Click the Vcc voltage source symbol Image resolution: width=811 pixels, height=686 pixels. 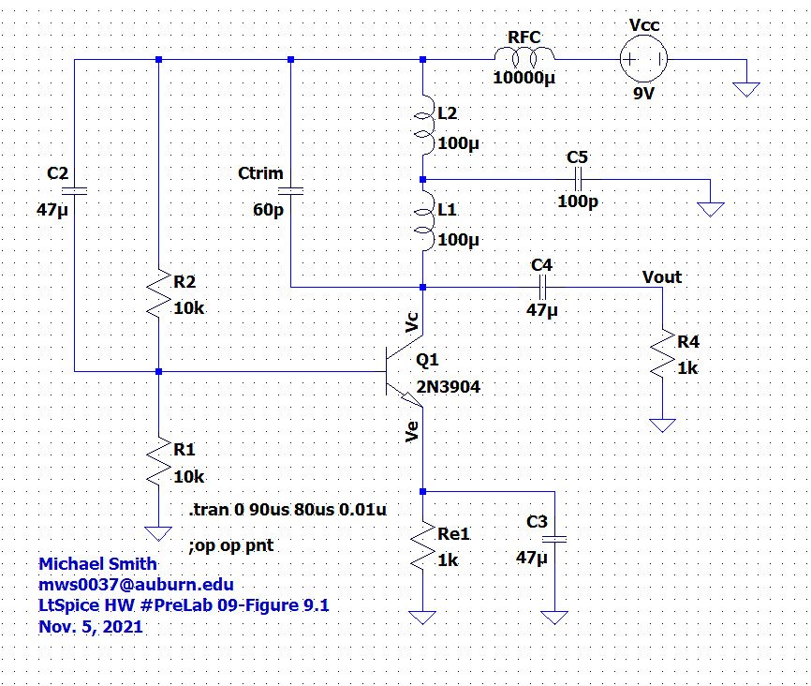(643, 59)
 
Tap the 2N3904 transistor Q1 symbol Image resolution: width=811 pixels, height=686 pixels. (405, 371)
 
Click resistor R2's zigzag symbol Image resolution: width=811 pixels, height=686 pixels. (159, 292)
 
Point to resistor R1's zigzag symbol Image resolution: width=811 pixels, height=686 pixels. (159, 461)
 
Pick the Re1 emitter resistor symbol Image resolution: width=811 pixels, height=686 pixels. (423, 545)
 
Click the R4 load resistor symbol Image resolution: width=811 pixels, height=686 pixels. (662, 353)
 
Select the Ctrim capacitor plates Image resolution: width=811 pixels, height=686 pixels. (290, 191)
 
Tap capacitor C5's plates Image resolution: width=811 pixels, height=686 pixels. (578, 180)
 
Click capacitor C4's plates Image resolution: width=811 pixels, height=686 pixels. (542, 288)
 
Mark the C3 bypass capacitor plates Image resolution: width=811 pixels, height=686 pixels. (554, 539)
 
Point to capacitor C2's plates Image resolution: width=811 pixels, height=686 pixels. (75, 191)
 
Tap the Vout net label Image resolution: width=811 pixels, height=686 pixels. (662, 277)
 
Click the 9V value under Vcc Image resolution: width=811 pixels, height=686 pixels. (644, 94)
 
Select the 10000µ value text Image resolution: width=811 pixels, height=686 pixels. (523, 78)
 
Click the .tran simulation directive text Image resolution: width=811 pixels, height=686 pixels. (288, 510)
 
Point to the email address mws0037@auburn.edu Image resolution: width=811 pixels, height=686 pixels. (136, 585)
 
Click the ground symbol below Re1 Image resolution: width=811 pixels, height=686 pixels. (422, 618)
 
